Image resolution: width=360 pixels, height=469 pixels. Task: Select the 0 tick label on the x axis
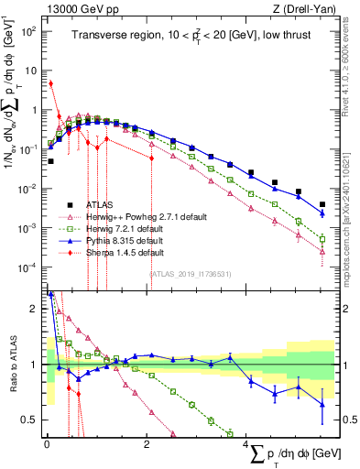(46, 443)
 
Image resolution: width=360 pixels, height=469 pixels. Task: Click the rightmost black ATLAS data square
(322, 204)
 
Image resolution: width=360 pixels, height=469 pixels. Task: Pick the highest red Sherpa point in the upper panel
(50, 83)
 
